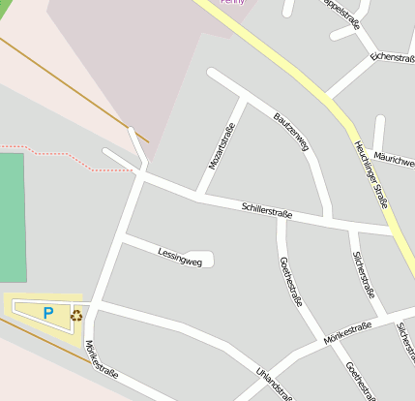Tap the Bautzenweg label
291,133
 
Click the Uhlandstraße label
273,382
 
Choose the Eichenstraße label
392,58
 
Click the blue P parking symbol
48,313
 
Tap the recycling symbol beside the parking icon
76,314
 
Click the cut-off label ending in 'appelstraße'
342,8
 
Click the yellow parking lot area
29,309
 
